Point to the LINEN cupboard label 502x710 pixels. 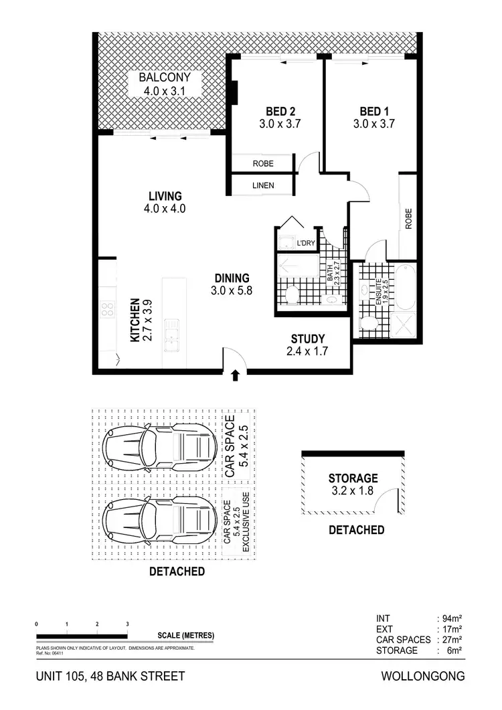pos(262,185)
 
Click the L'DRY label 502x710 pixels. pos(306,243)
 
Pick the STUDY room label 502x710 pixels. pos(308,339)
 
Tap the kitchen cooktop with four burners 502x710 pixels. pos(107,309)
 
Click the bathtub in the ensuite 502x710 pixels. pos(406,286)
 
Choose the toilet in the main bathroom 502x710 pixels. pos(292,296)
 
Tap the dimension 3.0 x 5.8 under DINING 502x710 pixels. pos(232,290)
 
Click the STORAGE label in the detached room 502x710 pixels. pos(353,478)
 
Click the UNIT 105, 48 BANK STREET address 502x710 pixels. pos(110,676)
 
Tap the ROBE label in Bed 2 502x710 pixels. pos(262,163)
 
